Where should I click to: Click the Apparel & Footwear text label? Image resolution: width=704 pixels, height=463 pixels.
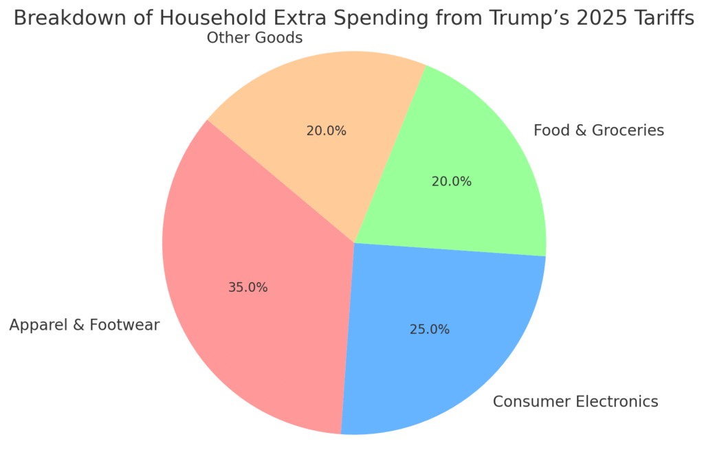pyautogui.click(x=84, y=325)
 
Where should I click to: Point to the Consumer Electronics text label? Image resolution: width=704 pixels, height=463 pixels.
pyautogui.click(x=575, y=401)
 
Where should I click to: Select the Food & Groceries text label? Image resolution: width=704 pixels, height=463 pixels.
pyautogui.click(x=599, y=130)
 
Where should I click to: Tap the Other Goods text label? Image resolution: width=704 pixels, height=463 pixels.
pyautogui.click(x=254, y=38)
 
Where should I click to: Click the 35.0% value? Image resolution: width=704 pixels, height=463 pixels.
pyautogui.click(x=247, y=288)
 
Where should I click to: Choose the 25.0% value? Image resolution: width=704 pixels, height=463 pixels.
pyautogui.click(x=429, y=330)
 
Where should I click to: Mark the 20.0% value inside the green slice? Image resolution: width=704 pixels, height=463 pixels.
pyautogui.click(x=451, y=181)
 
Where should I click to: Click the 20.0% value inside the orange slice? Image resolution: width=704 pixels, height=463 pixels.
pyautogui.click(x=326, y=131)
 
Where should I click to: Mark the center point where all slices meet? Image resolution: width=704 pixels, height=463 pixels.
pyautogui.click(x=354, y=242)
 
